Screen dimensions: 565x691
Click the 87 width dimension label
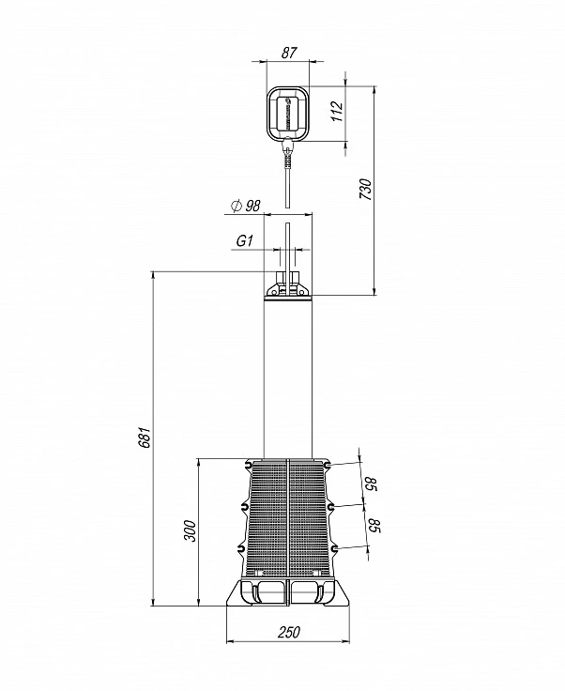tap(288, 53)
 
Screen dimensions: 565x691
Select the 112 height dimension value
tap(336, 112)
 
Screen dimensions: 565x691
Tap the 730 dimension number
tap(365, 189)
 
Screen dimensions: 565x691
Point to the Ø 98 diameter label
tap(246, 205)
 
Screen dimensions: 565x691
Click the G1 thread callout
tap(245, 241)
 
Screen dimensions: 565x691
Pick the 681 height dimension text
tap(145, 438)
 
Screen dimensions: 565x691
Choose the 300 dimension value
tap(190, 531)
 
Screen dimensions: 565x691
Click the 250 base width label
tap(289, 632)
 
